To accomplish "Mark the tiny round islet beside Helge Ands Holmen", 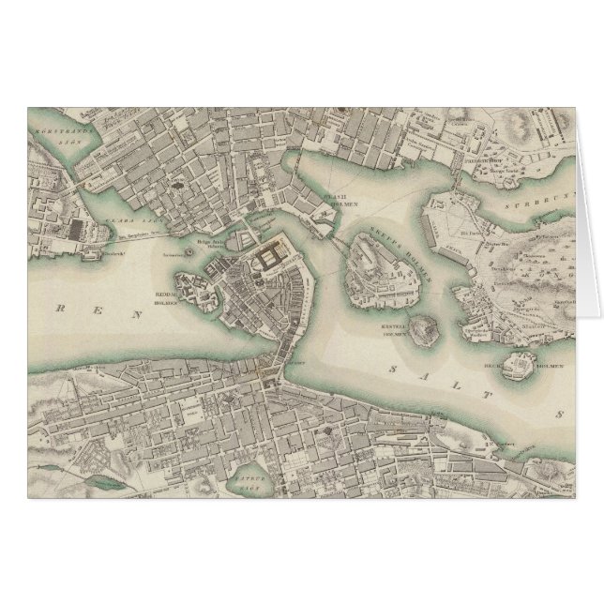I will tap(190, 251).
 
